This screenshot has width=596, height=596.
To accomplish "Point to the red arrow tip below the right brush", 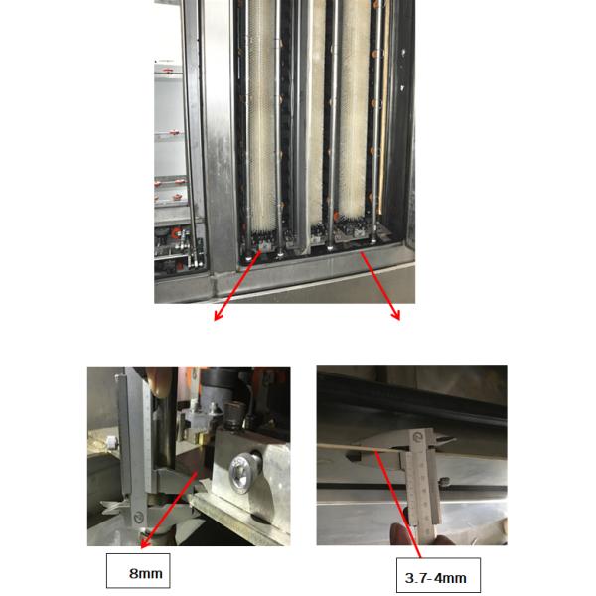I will (399, 320).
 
